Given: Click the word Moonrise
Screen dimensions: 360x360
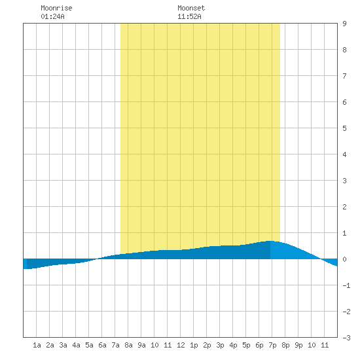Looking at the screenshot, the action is (56, 8).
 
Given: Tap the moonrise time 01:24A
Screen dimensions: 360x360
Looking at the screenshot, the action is (52, 16).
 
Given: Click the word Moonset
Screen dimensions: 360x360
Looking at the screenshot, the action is (191, 8).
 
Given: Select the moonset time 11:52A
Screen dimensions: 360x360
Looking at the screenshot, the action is (189, 16).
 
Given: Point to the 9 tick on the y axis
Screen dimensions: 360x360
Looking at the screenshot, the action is (344, 24).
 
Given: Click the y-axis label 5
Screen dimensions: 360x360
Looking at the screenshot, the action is (344, 128).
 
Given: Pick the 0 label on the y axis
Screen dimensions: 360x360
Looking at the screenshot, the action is (344, 259).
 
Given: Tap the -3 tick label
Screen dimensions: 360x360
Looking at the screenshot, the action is (346, 338).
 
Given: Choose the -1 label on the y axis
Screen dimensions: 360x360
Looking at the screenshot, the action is (346, 285).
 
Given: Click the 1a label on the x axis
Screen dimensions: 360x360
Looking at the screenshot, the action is (37, 345).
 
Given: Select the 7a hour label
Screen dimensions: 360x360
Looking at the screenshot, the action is (115, 345).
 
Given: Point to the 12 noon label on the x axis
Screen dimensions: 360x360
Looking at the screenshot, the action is (181, 345).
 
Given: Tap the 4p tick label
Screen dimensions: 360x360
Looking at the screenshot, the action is (233, 345).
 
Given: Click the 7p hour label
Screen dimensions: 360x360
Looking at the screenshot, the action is (272, 345).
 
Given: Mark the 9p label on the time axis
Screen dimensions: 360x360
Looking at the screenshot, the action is (298, 345).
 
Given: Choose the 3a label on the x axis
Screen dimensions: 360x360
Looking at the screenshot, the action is (63, 345).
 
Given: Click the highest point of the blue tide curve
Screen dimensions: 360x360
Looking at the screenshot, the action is (270, 241).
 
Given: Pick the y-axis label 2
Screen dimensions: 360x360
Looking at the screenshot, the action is (344, 207).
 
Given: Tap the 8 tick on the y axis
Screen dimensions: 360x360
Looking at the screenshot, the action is (344, 50).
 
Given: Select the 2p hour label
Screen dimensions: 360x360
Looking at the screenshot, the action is (207, 345).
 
